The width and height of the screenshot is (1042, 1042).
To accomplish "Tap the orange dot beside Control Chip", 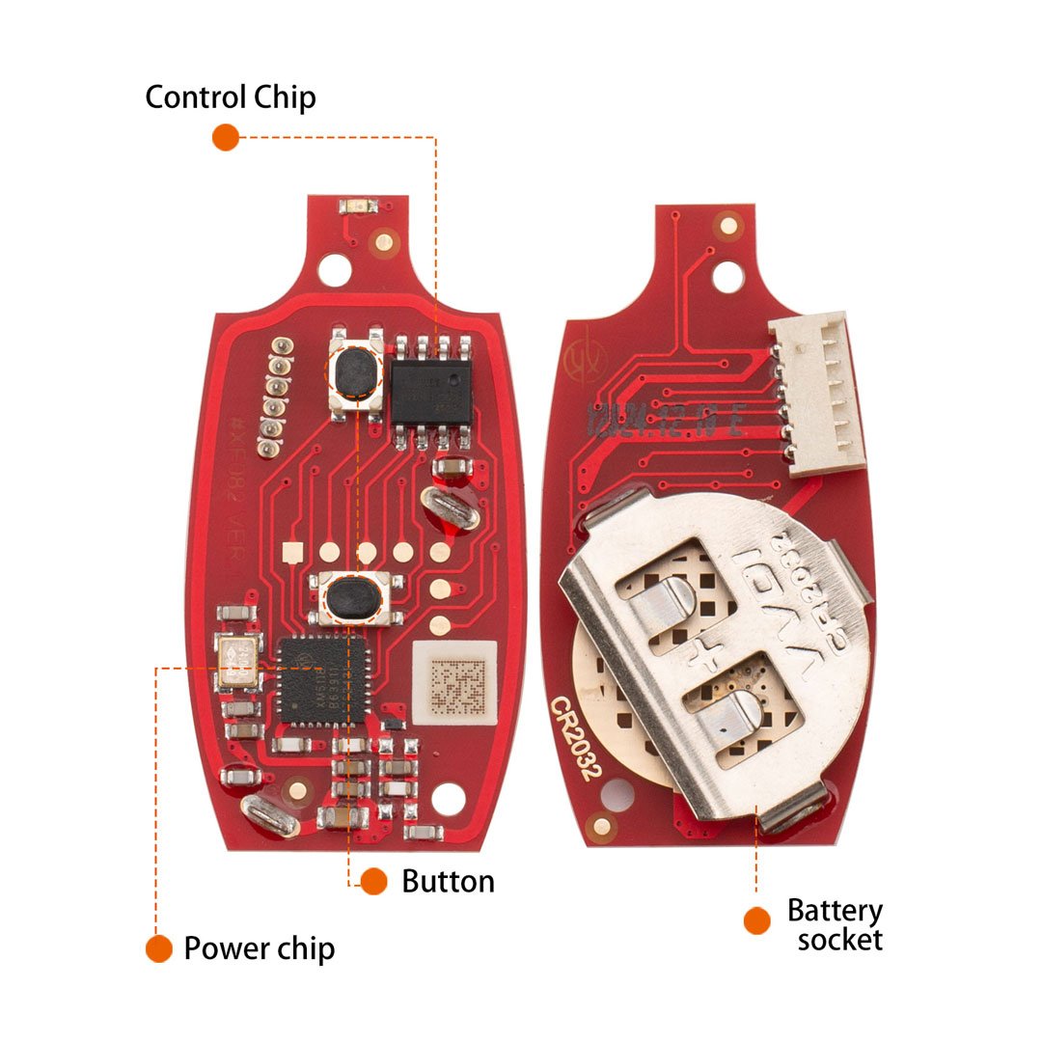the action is pos(225,137).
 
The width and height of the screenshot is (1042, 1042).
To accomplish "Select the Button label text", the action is pos(448,881).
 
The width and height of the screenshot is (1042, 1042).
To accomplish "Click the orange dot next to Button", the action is pos(373,880).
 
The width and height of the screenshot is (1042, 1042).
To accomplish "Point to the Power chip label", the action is pos(259,948).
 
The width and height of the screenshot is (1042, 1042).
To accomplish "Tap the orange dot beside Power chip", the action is pos(158,948).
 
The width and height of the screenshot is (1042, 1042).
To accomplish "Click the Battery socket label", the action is pos(836,924).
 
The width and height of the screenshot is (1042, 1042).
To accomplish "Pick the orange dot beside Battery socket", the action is pos(757,919).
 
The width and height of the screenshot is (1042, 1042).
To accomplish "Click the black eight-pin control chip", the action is pos(429,392).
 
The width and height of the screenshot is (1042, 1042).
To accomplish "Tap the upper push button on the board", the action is pos(353,371).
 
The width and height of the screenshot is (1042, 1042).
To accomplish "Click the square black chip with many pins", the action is pos(321,680).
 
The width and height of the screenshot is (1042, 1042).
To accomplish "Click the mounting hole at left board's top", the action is pos(334,269).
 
